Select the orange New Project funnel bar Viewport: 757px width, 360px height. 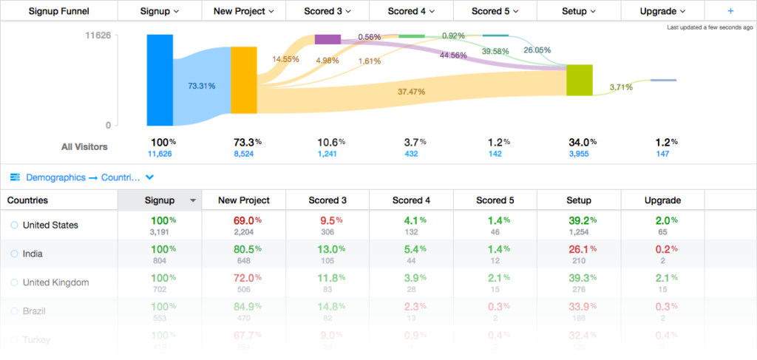(243, 80)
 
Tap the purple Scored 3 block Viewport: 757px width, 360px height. (327, 39)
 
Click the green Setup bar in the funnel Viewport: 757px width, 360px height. (580, 80)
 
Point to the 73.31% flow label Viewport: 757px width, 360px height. (202, 86)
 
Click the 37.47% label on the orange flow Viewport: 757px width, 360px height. (411, 92)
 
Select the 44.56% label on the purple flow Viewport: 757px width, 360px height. (453, 55)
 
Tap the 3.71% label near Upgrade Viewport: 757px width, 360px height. (621, 87)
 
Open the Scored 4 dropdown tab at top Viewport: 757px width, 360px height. (411, 11)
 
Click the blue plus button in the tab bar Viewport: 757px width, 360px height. (730, 11)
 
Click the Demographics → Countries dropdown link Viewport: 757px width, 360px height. (81, 177)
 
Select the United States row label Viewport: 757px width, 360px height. (50, 225)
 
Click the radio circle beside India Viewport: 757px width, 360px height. (14, 254)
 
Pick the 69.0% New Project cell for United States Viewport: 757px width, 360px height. (243, 220)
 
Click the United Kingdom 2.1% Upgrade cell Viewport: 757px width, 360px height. (662, 277)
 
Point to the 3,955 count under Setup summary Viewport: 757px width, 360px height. (579, 154)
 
